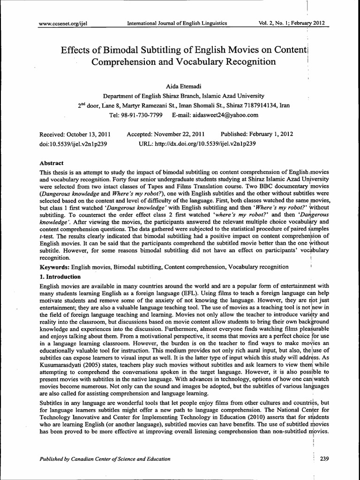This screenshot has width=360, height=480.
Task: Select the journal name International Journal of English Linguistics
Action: pos(174,22)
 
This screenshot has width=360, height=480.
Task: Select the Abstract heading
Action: pos(52,163)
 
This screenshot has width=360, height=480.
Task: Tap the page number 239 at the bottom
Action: pos(324,459)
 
